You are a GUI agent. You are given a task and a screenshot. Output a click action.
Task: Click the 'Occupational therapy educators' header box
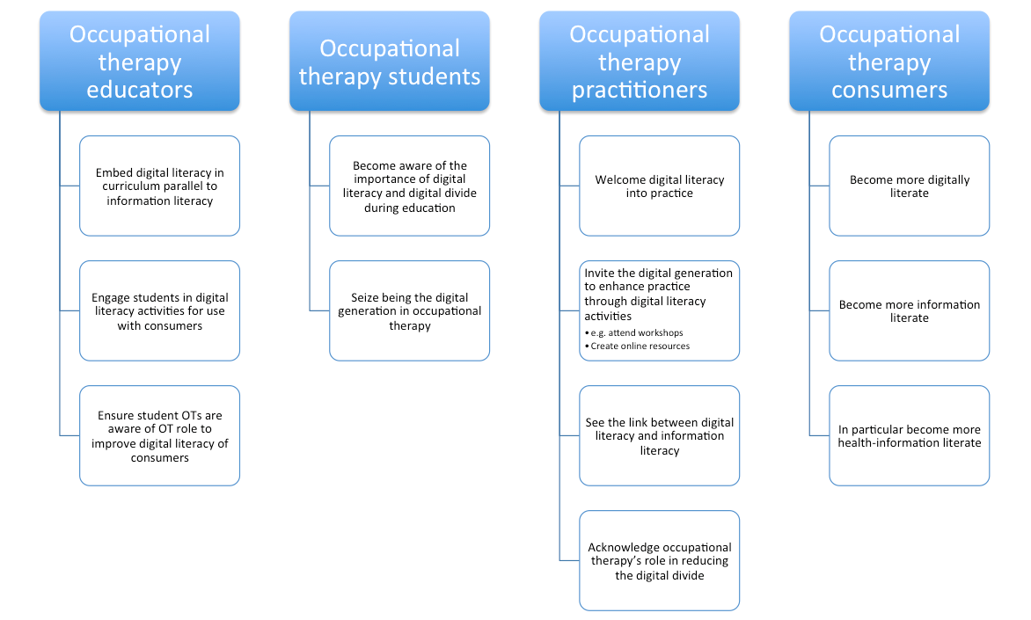coord(139,62)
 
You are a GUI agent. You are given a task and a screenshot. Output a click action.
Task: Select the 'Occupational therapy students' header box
coord(389,62)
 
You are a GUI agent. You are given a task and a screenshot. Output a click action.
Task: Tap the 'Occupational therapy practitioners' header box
coord(639,62)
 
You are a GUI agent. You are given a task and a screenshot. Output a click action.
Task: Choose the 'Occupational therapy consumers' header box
coord(888,62)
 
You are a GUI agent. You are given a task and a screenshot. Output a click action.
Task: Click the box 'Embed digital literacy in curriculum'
coord(159,186)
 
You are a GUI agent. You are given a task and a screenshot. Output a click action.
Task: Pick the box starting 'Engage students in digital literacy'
coord(159,310)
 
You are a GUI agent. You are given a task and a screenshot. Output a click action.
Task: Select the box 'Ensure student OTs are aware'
coord(159,435)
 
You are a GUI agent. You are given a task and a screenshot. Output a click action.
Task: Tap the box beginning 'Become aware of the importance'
coord(409,186)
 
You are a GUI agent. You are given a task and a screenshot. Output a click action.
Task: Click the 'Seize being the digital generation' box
coord(409,310)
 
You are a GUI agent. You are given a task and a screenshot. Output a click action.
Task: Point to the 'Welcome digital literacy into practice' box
coord(659,186)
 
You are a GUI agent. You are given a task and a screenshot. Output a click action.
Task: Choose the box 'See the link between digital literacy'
coord(659,435)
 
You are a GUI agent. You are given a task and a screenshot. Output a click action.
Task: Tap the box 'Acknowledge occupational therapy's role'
coord(659,560)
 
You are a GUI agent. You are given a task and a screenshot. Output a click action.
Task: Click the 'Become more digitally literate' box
coord(909,186)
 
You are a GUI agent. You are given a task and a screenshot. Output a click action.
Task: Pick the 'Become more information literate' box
coord(909,310)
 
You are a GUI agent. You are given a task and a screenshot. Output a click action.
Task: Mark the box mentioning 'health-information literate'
coord(909,435)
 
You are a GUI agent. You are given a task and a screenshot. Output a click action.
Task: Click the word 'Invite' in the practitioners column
coord(599,274)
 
